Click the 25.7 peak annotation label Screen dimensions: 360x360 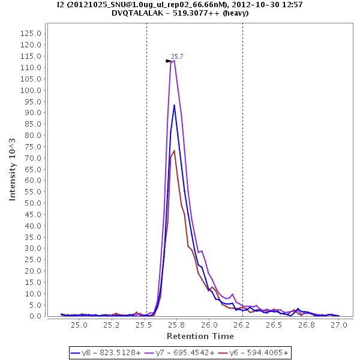(177, 56)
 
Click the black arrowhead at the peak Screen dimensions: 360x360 (169, 61)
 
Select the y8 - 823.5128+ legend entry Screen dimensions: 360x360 (106, 353)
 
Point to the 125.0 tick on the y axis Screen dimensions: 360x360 (30, 34)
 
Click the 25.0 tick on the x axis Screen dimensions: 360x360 (79, 325)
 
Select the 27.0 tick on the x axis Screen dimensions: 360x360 (339, 325)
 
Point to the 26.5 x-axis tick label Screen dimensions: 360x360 (274, 325)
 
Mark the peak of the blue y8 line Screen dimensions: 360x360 (174, 105)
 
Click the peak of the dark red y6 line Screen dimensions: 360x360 (174, 151)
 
